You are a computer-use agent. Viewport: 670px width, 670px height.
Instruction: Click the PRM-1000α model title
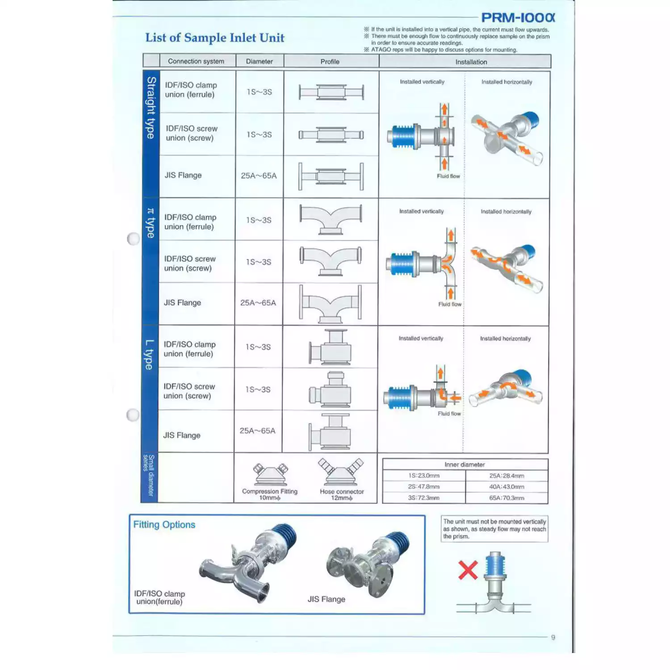tap(518, 17)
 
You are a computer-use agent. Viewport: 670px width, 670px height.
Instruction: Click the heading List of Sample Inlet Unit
tap(215, 38)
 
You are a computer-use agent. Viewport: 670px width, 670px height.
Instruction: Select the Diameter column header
tap(259, 61)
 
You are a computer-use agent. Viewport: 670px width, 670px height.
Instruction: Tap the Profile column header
tap(330, 62)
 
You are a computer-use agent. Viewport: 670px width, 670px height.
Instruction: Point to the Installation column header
tap(471, 62)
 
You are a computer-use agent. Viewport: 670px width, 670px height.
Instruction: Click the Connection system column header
tap(196, 61)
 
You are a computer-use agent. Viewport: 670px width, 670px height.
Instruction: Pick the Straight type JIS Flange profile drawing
tap(331, 176)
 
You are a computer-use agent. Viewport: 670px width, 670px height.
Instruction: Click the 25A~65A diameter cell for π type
tap(258, 303)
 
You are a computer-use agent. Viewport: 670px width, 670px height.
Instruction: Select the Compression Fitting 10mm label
tap(270, 494)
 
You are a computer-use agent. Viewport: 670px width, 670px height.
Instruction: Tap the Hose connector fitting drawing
tap(341, 472)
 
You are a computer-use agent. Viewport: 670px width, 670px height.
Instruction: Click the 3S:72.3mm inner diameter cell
tap(423, 498)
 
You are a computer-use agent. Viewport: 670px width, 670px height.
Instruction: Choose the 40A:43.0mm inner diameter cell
tap(507, 487)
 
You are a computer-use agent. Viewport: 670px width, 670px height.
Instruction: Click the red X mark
tap(468, 570)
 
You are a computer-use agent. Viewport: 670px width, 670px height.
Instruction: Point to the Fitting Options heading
tap(164, 525)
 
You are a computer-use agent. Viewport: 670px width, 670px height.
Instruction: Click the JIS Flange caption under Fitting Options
tap(326, 599)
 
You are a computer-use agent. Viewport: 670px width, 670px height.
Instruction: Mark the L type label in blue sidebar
tap(149, 355)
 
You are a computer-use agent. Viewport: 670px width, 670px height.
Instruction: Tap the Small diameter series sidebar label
tap(148, 475)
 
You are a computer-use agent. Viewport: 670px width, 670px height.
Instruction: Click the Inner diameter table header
tap(465, 465)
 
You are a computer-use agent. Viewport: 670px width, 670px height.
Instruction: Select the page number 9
tap(553, 637)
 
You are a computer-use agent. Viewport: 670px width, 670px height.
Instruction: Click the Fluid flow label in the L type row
tap(449, 414)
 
